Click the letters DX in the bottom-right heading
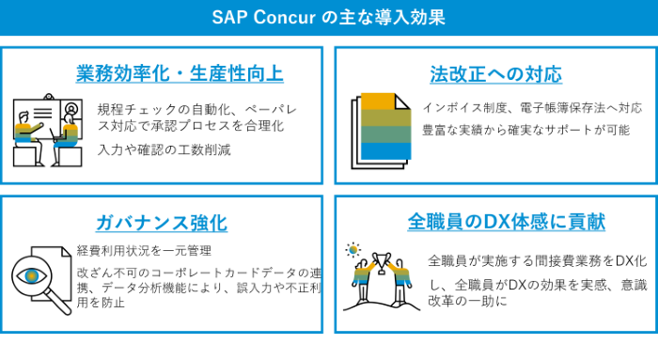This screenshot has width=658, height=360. point(497,222)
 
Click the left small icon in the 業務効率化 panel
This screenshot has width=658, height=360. point(26,133)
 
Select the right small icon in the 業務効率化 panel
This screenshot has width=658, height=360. point(67,135)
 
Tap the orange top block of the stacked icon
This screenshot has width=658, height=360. point(377,101)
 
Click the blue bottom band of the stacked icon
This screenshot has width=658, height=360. point(385,151)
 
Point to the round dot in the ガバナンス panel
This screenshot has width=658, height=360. point(32,276)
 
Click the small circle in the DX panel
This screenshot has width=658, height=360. point(353,250)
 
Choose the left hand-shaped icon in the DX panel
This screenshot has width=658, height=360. point(363,274)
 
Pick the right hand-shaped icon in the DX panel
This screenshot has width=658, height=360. point(399,274)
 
